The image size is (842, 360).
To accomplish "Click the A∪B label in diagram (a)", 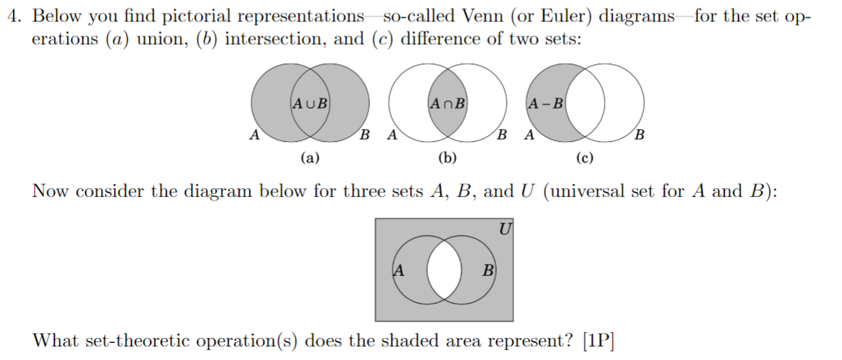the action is pos(309,102).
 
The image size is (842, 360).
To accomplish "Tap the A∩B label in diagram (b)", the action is pos(448,102).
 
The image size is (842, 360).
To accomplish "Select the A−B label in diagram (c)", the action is pos(545,102).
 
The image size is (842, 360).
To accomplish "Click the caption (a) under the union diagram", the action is pos(309,158).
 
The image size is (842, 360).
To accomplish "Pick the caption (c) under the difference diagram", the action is pos(585,158).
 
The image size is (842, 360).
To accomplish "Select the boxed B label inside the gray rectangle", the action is pos(488,270).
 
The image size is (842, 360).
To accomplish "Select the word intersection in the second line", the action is pos(273,38).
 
